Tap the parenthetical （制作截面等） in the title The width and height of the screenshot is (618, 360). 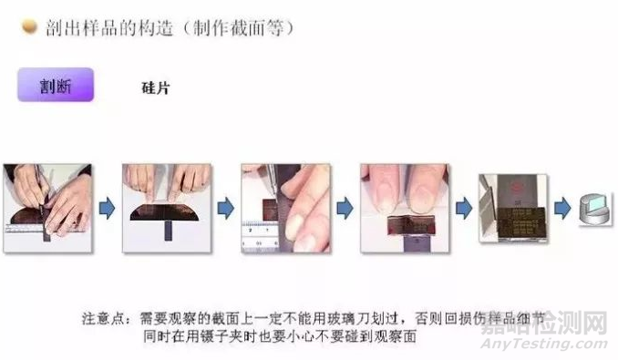click(x=238, y=28)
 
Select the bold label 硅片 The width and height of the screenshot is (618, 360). click(x=156, y=88)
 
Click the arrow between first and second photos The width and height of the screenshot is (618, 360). click(x=106, y=209)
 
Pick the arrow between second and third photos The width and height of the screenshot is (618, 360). click(x=226, y=209)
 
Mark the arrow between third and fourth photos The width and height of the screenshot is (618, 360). click(x=345, y=209)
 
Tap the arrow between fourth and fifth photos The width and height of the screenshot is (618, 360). click(x=463, y=209)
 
